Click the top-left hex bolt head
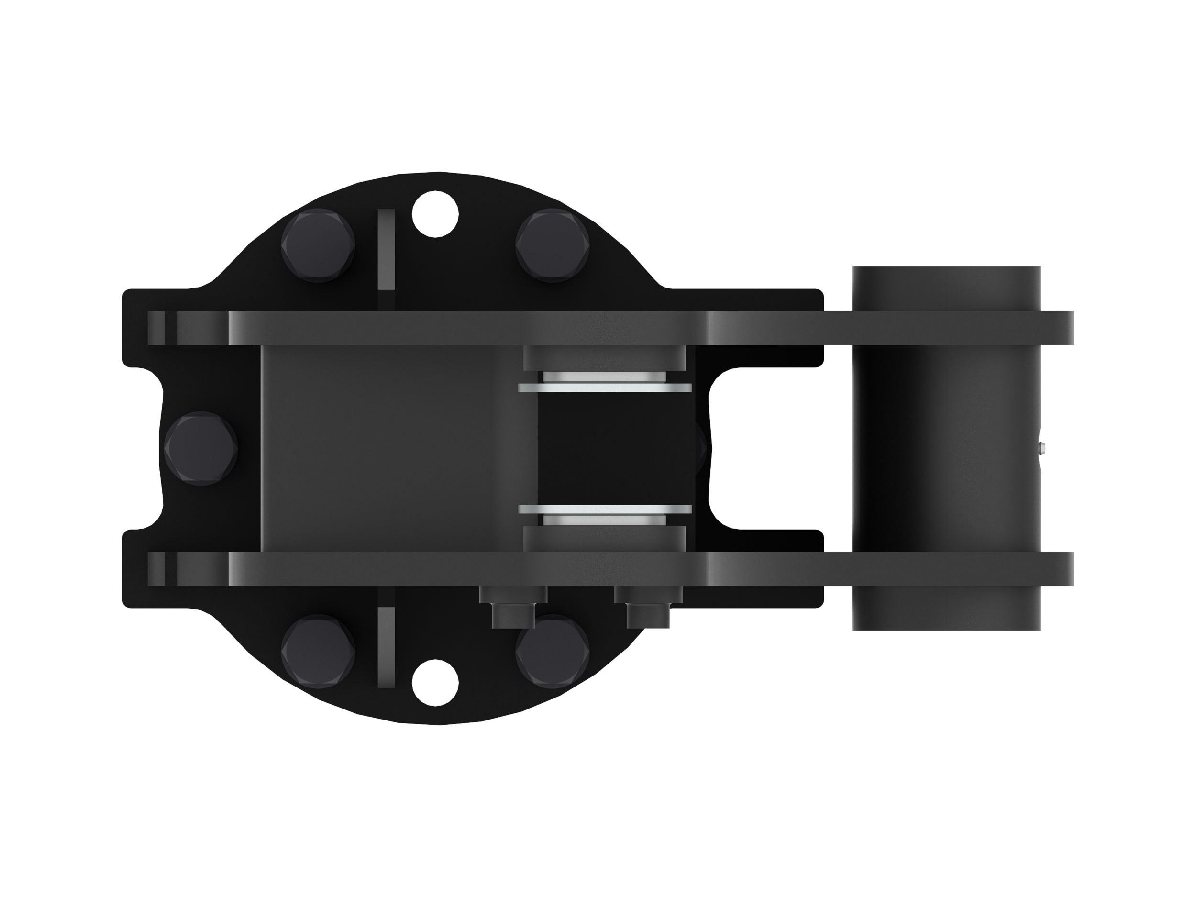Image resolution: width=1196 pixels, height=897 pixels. tap(318, 246)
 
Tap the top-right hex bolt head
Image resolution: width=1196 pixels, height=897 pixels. tap(552, 246)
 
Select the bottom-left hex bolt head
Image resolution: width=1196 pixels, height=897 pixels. tap(318, 653)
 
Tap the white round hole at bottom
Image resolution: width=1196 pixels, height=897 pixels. tap(435, 682)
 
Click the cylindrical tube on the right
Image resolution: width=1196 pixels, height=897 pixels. tap(946, 449)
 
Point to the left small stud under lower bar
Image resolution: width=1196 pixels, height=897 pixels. tap(512, 608)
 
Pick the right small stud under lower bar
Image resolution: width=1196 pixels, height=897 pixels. tap(647, 608)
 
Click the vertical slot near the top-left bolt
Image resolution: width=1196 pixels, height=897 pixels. tap(386, 250)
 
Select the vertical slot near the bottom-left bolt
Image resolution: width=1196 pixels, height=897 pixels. tap(386, 647)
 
